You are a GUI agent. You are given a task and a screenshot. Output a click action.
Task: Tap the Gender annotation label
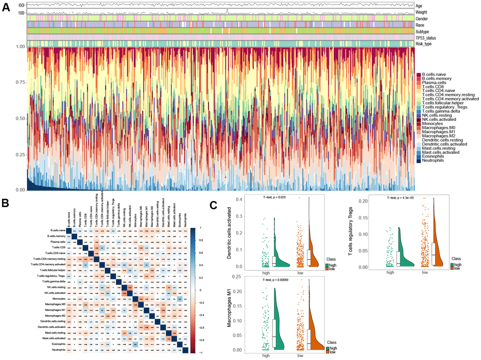coord(424,18)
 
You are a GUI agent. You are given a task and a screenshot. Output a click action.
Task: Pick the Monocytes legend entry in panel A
coord(433,124)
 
